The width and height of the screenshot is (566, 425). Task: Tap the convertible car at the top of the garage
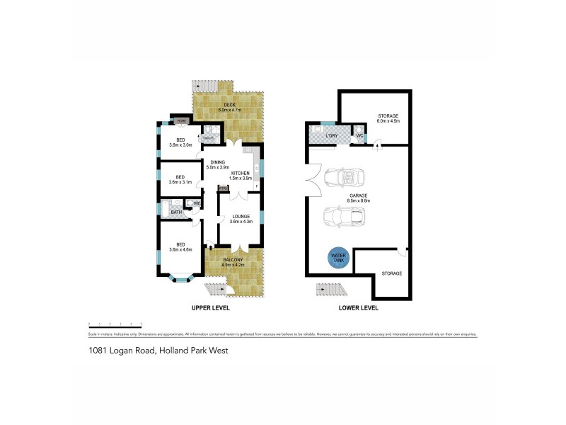point(343,177)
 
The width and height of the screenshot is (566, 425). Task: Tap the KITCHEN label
point(240,174)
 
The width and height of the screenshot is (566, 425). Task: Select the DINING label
point(217,162)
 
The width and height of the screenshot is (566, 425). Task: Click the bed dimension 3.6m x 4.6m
point(180,251)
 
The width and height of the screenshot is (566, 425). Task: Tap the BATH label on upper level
point(175,211)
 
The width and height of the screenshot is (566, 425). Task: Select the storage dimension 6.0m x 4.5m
point(388,121)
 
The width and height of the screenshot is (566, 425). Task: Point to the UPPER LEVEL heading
point(211,308)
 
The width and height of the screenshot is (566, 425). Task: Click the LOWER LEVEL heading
point(359,308)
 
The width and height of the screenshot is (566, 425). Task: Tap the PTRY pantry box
point(223,188)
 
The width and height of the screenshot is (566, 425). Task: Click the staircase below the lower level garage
point(329,290)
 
